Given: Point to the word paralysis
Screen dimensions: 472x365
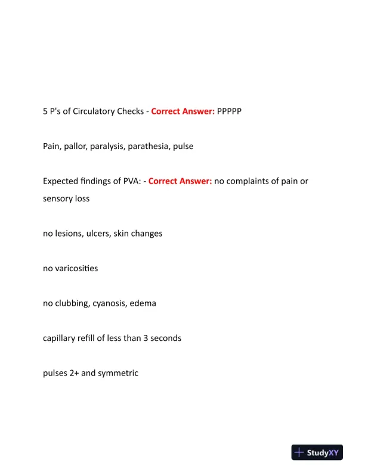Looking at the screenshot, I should point(107,146).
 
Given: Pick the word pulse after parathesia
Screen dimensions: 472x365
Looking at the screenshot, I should point(183,146).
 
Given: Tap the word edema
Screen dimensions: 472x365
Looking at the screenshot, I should point(144,303).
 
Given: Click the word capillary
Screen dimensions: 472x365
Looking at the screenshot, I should point(60,339).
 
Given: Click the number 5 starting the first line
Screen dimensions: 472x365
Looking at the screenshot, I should point(45,111).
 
